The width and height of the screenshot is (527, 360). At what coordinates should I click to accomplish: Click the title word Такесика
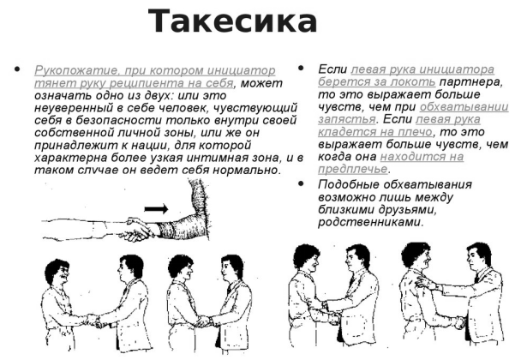(232, 21)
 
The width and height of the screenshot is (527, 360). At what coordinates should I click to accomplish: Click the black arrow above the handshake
(156, 209)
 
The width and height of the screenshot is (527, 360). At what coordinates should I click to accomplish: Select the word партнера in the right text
(471, 81)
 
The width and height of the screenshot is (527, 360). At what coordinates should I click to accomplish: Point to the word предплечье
(352, 169)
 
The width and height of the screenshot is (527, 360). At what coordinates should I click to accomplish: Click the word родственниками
(369, 222)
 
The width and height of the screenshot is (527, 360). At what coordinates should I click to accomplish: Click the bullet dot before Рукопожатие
(17, 69)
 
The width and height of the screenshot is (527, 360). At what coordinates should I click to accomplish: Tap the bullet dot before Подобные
(301, 183)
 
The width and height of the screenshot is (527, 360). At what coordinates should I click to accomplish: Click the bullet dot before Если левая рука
(301, 69)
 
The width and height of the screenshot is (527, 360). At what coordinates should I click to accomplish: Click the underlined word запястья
(346, 119)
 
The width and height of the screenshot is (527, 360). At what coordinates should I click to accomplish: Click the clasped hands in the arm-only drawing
(137, 228)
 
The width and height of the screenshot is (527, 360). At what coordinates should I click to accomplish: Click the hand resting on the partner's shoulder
(424, 282)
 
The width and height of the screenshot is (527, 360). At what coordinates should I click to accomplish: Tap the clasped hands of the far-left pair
(95, 321)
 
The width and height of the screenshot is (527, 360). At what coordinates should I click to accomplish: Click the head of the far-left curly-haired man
(57, 272)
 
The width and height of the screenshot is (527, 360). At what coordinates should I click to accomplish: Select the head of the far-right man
(478, 256)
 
